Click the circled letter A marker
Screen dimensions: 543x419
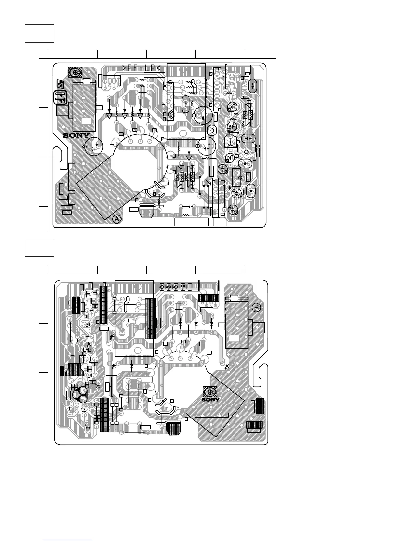coord(117,219)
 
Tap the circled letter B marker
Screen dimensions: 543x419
coord(256,307)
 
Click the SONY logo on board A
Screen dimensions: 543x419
coord(76,136)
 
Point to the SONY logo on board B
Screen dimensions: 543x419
coord(211,399)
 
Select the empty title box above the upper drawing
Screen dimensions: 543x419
coord(39,34)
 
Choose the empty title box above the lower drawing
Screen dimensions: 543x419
coord(39,248)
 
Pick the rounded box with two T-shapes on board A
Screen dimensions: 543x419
coord(61,97)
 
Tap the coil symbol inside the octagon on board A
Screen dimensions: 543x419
coord(212,130)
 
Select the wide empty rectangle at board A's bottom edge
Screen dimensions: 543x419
coord(191,222)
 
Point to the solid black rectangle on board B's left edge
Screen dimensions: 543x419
coord(62,371)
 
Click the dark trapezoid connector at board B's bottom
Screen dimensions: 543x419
coord(175,429)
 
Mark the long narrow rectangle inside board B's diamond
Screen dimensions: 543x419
coord(211,415)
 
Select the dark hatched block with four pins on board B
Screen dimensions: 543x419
coord(208,298)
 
